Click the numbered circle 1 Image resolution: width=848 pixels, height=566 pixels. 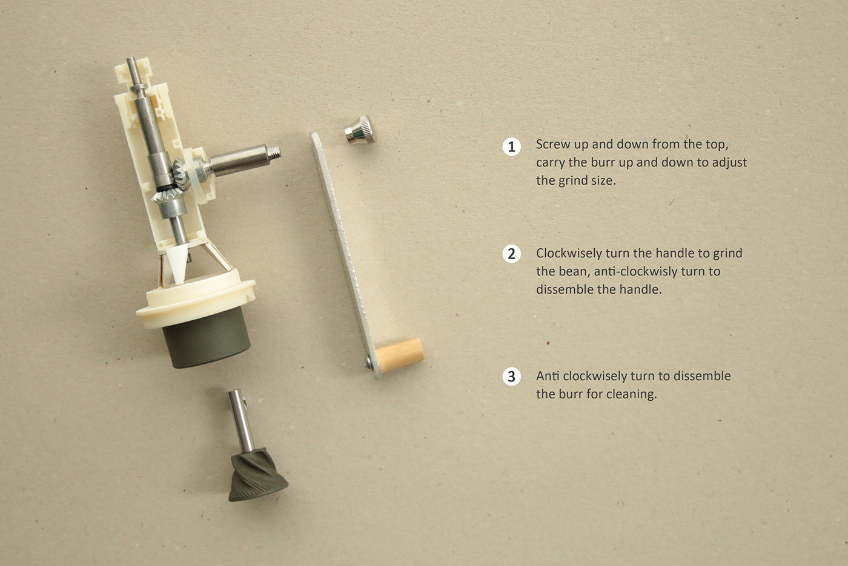(512, 146)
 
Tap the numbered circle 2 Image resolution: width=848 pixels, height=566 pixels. (512, 254)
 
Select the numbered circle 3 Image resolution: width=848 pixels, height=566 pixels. (512, 377)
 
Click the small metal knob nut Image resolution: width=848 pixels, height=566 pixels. (360, 130)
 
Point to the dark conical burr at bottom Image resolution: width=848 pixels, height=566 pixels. (257, 478)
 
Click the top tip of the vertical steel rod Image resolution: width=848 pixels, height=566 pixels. (131, 62)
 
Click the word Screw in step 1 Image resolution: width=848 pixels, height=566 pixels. (553, 145)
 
